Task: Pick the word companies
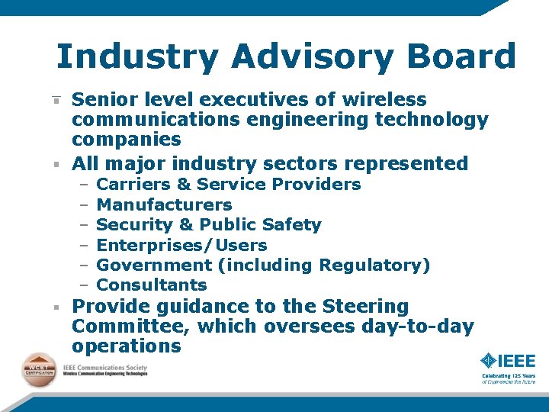coord(127,140)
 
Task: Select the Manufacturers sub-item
coord(165,204)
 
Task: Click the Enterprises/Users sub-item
coord(182,245)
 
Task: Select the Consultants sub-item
coord(152,285)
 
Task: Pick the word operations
coord(127,346)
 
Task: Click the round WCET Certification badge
coord(37,370)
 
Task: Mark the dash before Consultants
coord(84,285)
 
